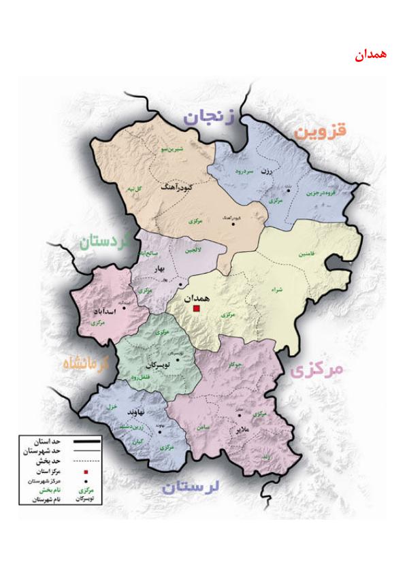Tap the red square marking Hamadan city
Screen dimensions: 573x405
pos(197,308)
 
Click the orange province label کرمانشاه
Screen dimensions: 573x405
pos(86,363)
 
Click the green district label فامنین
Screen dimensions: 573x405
pos(306,254)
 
